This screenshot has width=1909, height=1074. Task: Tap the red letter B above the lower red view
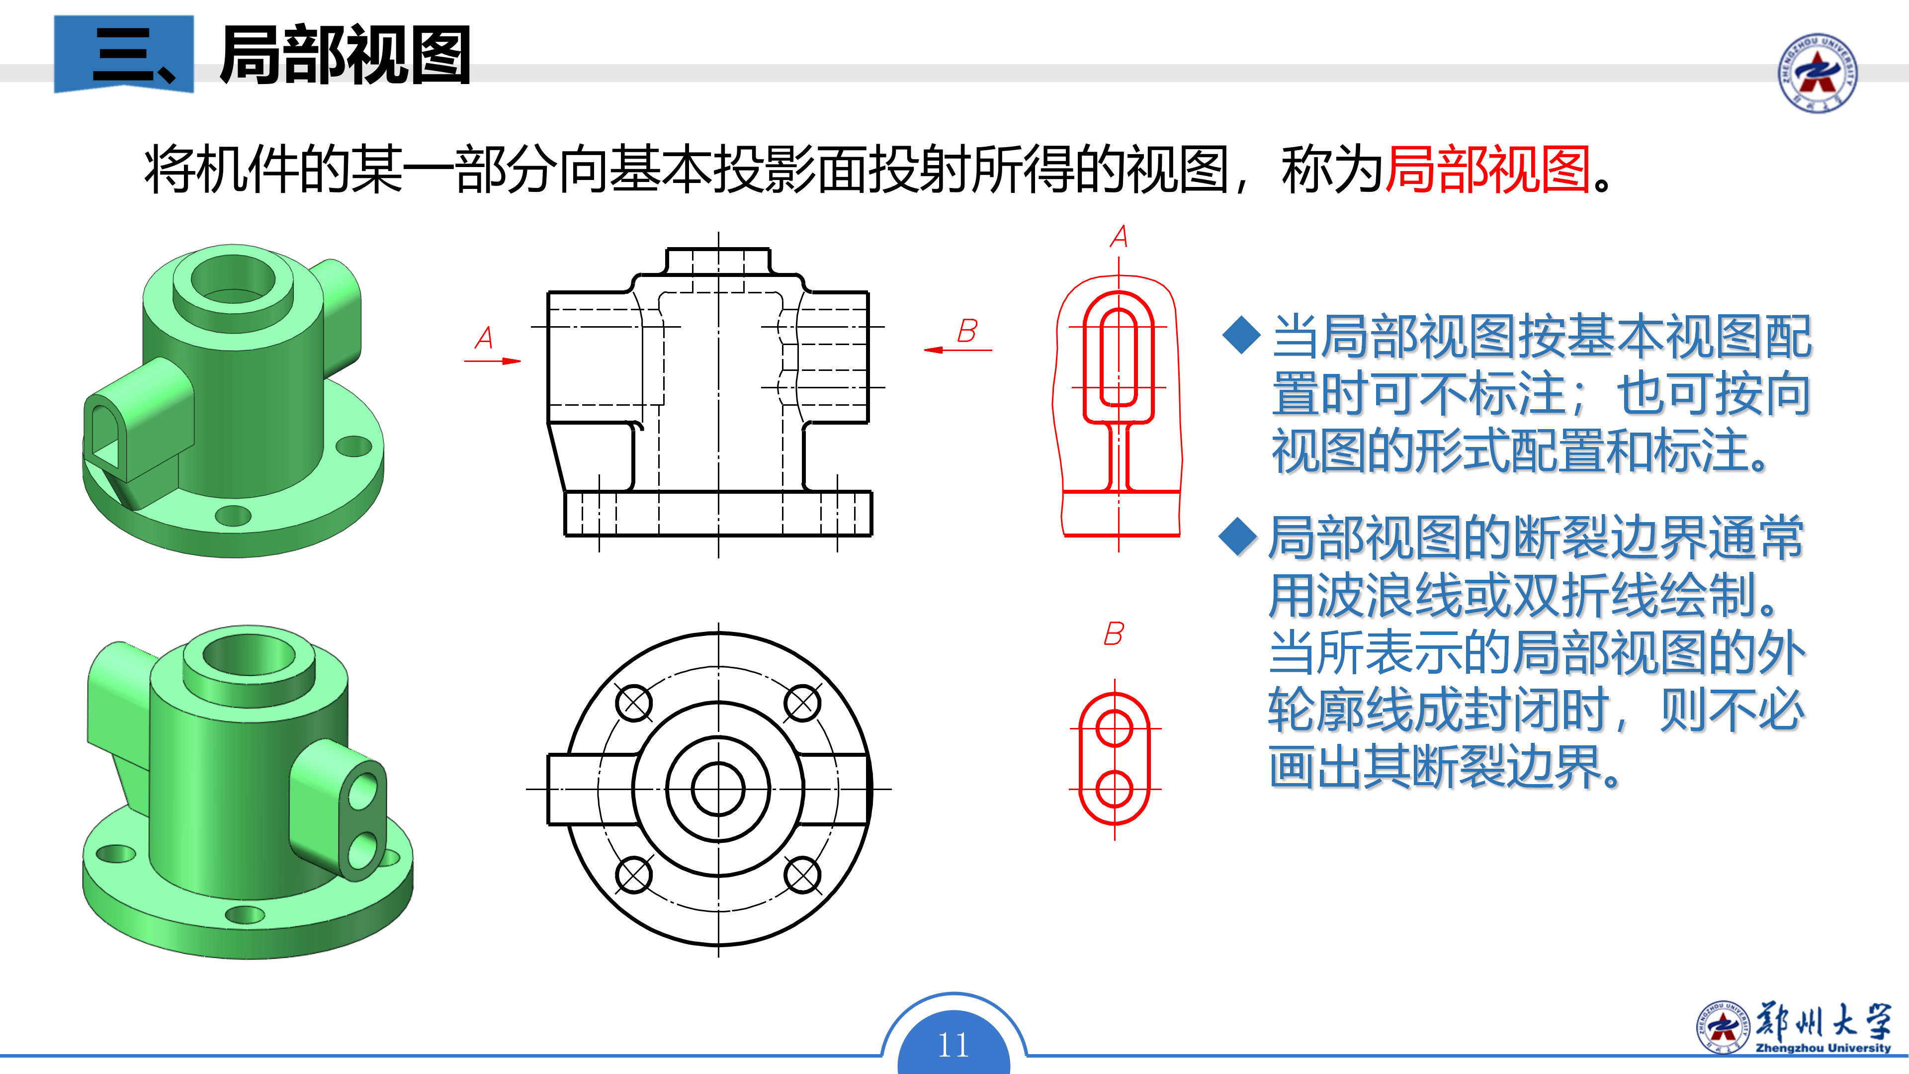(x=1113, y=634)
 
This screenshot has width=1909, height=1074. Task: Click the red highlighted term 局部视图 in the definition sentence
(x=1488, y=171)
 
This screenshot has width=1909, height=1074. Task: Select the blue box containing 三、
(x=124, y=54)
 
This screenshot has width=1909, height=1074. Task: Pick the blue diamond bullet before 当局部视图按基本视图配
(x=1241, y=336)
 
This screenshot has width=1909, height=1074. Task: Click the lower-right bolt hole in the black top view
(x=802, y=875)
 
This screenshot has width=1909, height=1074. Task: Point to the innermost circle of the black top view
(x=718, y=789)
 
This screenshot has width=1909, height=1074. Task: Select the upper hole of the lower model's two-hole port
(x=363, y=792)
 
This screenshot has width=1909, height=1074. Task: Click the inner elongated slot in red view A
(x=1118, y=358)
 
